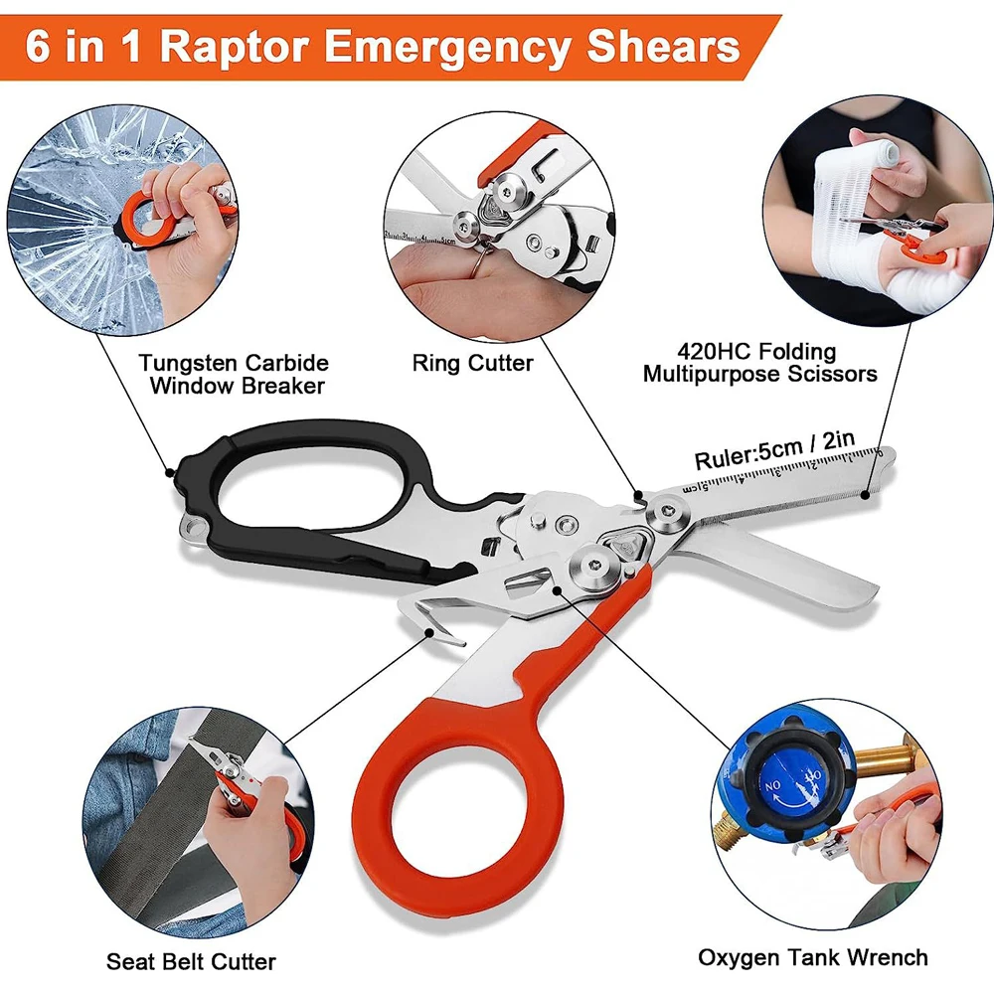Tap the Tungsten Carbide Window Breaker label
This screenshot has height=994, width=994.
[x=235, y=374]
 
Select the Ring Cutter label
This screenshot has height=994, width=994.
[x=472, y=363]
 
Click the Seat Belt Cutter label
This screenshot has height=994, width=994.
[x=191, y=961]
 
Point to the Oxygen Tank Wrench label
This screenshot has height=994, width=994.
[x=812, y=957]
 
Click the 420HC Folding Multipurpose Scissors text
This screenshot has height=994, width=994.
[x=759, y=363]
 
